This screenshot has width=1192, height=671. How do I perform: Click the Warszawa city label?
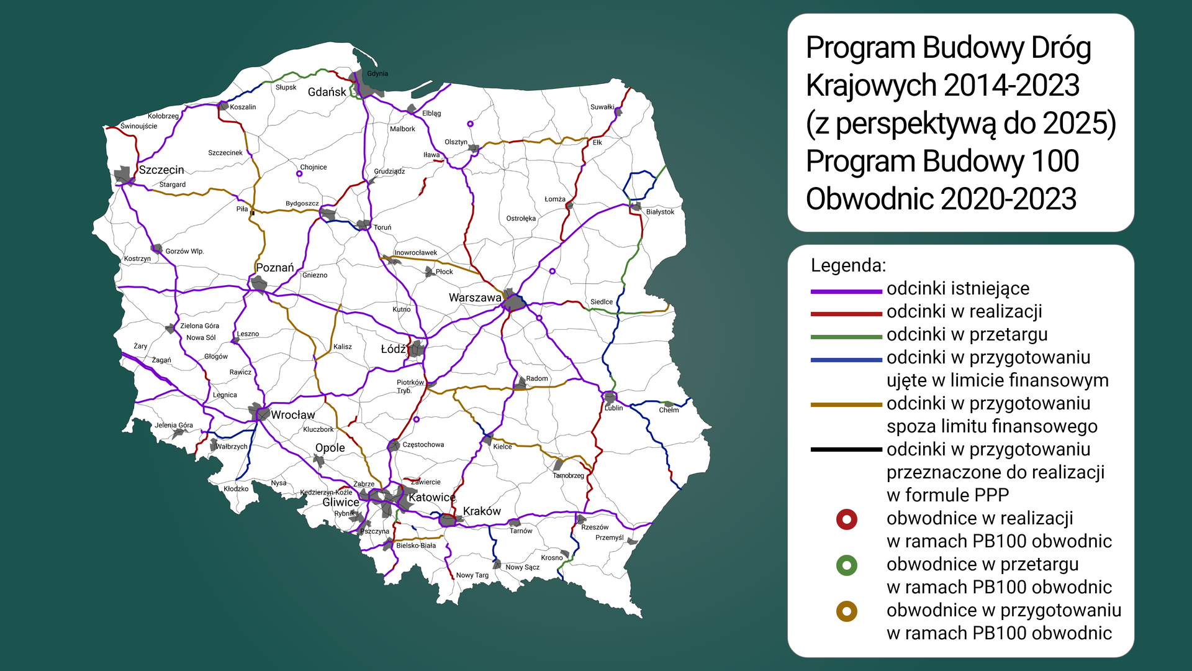(474, 298)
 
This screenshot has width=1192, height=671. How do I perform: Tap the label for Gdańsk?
(327, 92)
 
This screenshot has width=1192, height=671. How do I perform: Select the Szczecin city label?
(161, 170)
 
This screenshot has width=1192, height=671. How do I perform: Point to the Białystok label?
(659, 212)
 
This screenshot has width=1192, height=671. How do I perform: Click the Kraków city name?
(481, 511)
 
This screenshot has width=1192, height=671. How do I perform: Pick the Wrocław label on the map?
(292, 414)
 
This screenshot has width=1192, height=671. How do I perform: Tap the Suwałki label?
(602, 107)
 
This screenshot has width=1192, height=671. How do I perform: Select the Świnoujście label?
(138, 126)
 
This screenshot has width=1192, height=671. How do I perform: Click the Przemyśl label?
(609, 537)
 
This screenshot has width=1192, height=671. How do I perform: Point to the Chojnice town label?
(313, 167)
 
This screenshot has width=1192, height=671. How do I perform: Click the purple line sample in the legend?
(846, 291)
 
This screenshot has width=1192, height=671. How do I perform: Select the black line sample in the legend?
(846, 449)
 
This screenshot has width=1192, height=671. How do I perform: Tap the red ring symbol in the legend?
(846, 519)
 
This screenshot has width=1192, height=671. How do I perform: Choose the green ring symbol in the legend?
(846, 565)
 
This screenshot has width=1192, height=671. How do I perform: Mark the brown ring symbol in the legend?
(846, 611)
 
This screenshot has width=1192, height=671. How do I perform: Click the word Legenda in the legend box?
(848, 265)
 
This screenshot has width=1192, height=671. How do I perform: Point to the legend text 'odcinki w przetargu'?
(967, 334)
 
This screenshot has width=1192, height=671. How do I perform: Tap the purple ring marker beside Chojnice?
(299, 174)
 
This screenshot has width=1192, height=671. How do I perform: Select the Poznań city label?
(274, 268)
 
